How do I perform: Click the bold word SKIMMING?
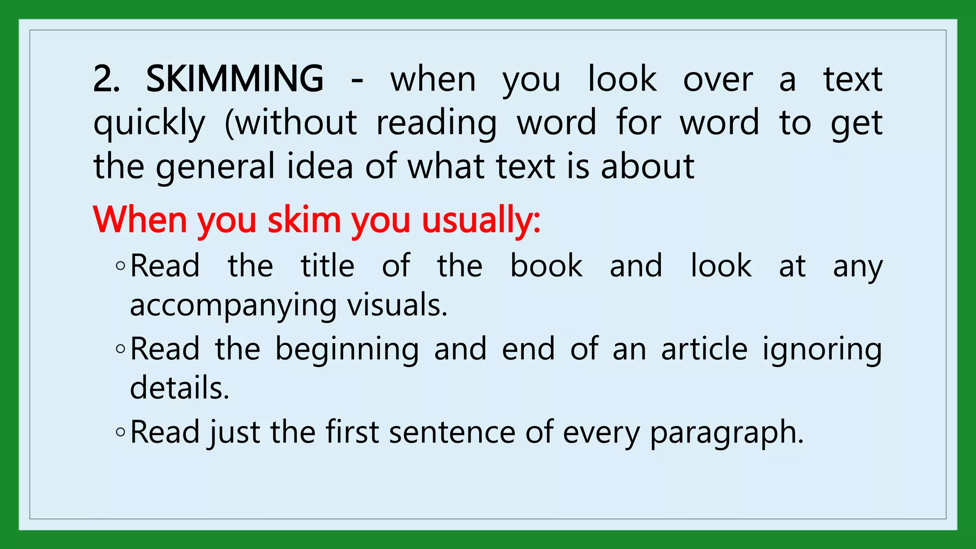(x=234, y=79)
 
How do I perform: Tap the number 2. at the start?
(x=106, y=79)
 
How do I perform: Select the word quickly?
(x=149, y=123)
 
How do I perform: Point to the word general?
(x=215, y=166)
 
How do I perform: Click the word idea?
(x=320, y=166)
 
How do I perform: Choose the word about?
(x=647, y=166)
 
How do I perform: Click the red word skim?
(x=304, y=220)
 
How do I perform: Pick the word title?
(x=327, y=265)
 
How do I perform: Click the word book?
(x=546, y=265)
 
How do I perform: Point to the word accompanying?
(x=233, y=305)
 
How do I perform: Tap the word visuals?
(x=397, y=305)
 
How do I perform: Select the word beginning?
(x=347, y=349)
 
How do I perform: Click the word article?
(x=704, y=349)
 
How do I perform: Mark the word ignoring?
(x=822, y=349)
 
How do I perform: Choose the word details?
(x=180, y=388)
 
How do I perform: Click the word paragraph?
(x=727, y=432)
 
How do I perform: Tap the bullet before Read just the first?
(x=121, y=432)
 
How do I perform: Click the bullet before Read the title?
(x=121, y=266)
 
